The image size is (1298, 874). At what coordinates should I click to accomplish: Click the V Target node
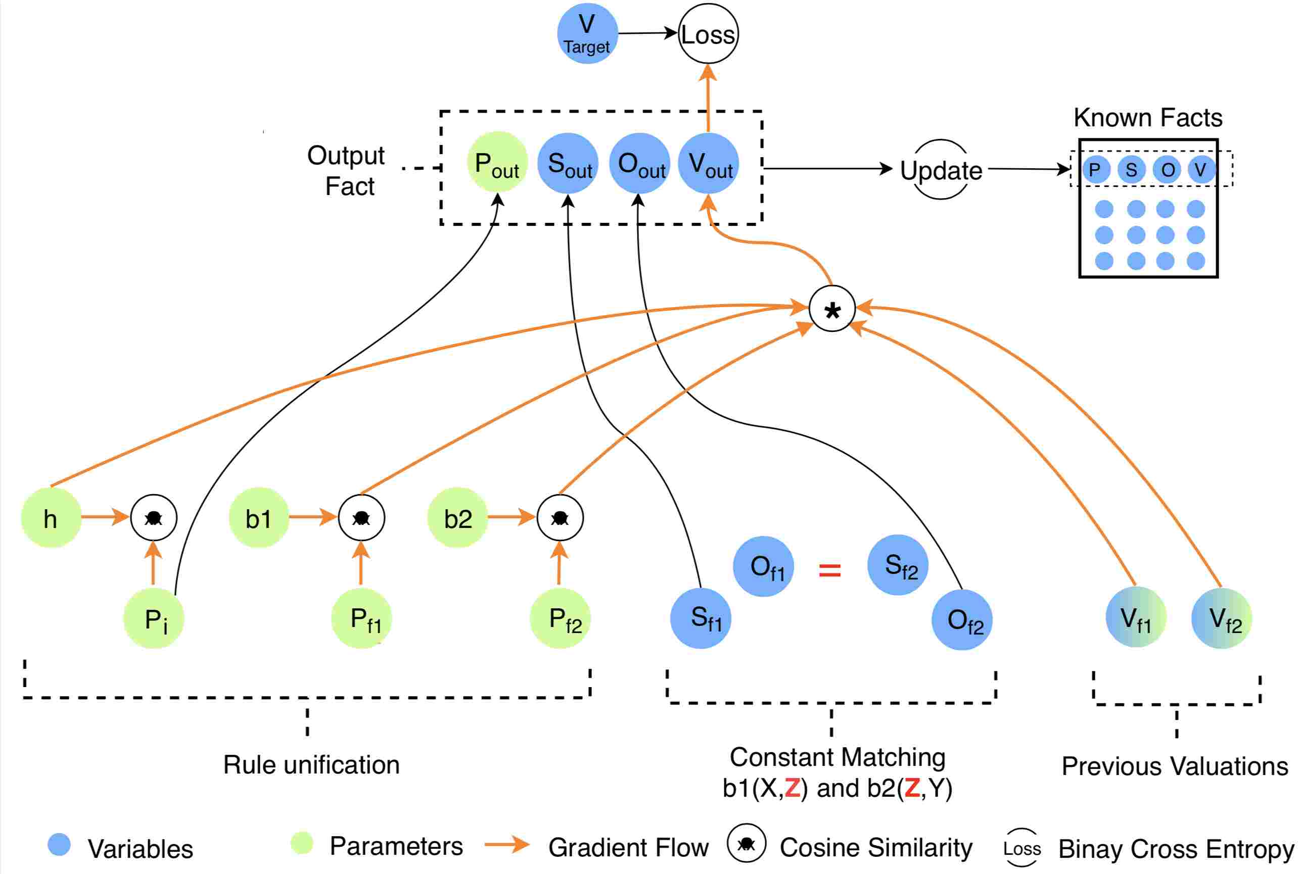pos(587,33)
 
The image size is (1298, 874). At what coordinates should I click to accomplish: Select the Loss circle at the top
pos(708,33)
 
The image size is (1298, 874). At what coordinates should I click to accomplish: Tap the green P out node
pos(497,162)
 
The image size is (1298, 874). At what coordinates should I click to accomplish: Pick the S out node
pos(568,163)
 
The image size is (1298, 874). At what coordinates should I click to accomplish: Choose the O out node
pos(639,163)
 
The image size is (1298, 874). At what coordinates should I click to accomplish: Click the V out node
pos(708,163)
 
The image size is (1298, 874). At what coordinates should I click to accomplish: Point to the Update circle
pos(941,169)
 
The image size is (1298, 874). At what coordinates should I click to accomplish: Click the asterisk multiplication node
pos(832,309)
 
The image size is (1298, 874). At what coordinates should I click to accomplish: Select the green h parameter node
pos(51,518)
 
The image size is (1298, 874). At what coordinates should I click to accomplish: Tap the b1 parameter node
pos(259,518)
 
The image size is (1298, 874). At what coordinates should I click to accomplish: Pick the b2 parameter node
pos(458,518)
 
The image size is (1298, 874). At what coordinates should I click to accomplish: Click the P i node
pos(153,618)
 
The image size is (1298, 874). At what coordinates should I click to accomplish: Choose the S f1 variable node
pos(700,618)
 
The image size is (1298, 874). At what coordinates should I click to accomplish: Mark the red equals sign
pos(829,570)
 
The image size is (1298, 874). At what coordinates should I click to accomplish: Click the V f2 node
pos(1222,617)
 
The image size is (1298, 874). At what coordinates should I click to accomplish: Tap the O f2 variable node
pos(962,620)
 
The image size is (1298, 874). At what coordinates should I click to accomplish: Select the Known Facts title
pos(1148,118)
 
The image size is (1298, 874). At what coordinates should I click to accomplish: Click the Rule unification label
pos(311,765)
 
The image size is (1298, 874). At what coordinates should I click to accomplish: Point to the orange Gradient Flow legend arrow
pos(507,845)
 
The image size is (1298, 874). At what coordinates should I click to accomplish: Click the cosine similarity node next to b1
pos(361,518)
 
